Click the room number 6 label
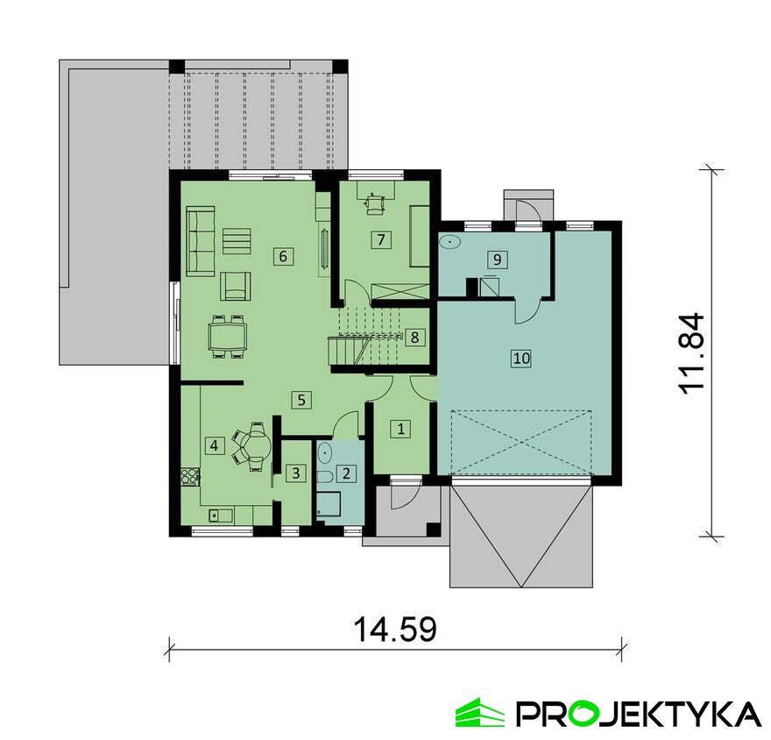283,256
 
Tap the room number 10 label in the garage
521,358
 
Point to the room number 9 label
497,260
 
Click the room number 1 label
400,429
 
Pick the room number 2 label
346,473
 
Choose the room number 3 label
296,473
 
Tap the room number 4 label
214,445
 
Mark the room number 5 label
301,400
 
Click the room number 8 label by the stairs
414,338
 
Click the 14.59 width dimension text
395,630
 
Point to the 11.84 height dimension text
692,353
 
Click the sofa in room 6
201,241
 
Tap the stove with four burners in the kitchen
190,475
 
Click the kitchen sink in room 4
221,516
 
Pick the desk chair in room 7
376,203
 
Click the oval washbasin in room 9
450,243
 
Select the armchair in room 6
235,287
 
